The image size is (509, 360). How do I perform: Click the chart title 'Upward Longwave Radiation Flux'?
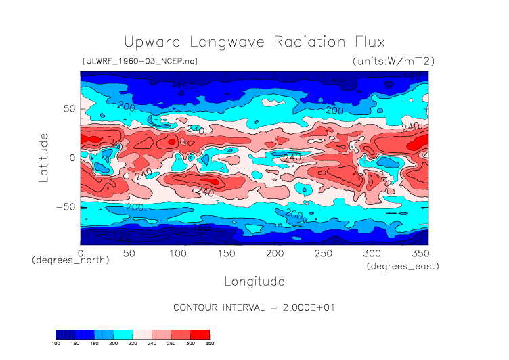(254, 41)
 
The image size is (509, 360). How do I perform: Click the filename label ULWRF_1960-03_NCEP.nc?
(139, 61)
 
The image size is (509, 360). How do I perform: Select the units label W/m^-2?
(393, 61)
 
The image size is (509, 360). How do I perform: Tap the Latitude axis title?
(44, 157)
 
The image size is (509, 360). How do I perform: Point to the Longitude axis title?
(254, 281)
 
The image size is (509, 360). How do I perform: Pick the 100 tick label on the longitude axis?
(177, 253)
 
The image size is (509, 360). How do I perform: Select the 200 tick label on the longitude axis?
(274, 253)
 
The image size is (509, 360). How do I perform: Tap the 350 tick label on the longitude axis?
(419, 253)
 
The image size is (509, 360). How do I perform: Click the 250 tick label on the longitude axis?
(322, 253)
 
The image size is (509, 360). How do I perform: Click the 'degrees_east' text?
(403, 267)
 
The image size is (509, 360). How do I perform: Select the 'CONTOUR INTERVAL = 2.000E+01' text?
(254, 307)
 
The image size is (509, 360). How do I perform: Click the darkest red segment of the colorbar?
(200, 334)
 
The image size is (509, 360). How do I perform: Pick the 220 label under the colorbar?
(132, 344)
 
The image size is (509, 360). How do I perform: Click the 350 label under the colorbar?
(209, 344)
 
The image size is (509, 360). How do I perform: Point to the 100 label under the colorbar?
(56, 344)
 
